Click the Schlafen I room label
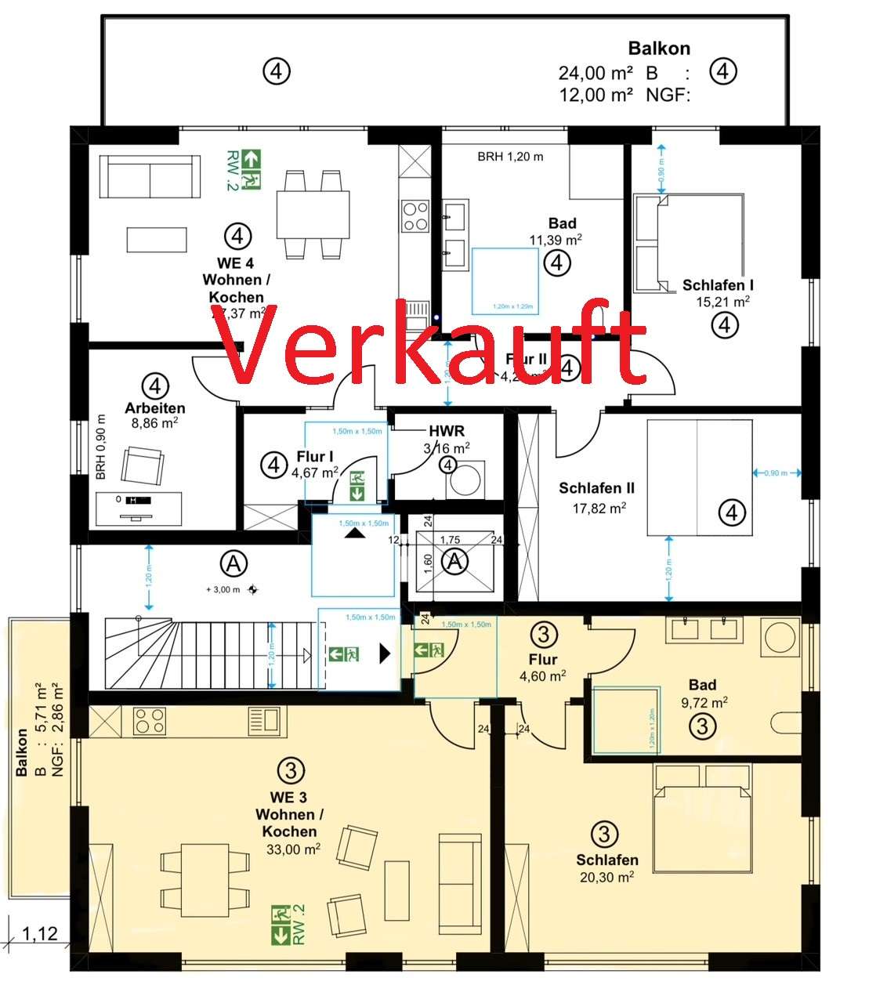pos(718,285)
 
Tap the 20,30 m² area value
pos(606,878)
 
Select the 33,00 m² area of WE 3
pos(291,849)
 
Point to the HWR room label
pos(447,431)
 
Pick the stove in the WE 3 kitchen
pos(149,721)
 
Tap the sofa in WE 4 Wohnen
pos(150,176)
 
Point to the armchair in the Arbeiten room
pos(143,466)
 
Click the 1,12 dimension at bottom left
pos(39,934)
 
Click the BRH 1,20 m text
pos(510,157)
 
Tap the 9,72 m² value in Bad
pos(703,702)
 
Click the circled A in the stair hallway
pos(233,563)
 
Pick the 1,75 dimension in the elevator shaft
pos(450,540)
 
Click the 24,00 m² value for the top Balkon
pos(596,73)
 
